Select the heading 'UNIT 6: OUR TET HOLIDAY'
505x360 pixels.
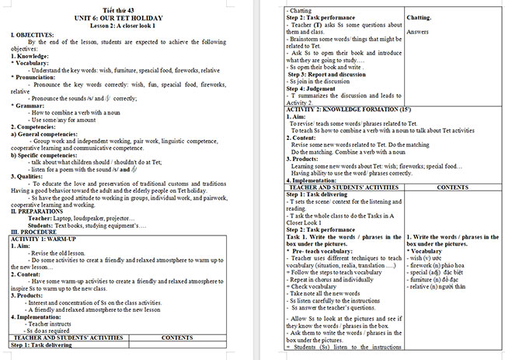[124, 19]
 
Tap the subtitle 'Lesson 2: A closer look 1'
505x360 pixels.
[124, 26]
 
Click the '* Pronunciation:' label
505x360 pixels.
[37, 77]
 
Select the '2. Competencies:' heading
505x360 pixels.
[34, 126]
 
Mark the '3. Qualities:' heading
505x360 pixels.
[29, 175]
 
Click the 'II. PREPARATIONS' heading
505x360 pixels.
[37, 211]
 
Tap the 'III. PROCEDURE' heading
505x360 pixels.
[33, 232]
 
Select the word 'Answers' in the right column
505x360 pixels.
[417, 32]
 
